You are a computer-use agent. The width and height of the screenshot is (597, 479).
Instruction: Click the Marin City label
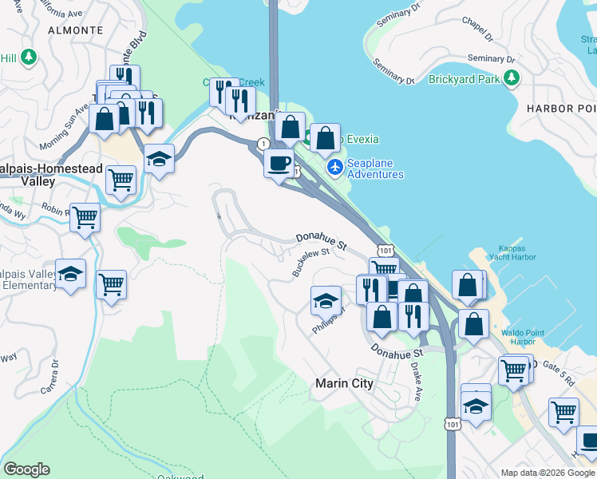[344, 383]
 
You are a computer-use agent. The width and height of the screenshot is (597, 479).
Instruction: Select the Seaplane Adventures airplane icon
[335, 167]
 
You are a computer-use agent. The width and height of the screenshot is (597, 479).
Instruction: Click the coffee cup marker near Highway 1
[279, 164]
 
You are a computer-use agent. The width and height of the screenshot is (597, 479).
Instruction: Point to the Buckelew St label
[310, 262]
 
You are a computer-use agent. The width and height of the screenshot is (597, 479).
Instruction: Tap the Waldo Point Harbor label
[522, 336]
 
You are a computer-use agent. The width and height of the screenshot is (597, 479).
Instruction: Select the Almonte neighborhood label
[76, 30]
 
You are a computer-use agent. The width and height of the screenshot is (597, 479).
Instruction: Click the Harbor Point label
[562, 108]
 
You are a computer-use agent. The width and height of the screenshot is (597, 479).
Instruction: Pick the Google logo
[26, 469]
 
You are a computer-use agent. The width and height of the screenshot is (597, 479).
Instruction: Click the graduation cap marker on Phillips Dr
[325, 300]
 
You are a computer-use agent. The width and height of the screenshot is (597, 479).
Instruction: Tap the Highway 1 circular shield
[263, 144]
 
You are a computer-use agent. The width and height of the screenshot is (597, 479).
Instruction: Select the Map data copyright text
[548, 473]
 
